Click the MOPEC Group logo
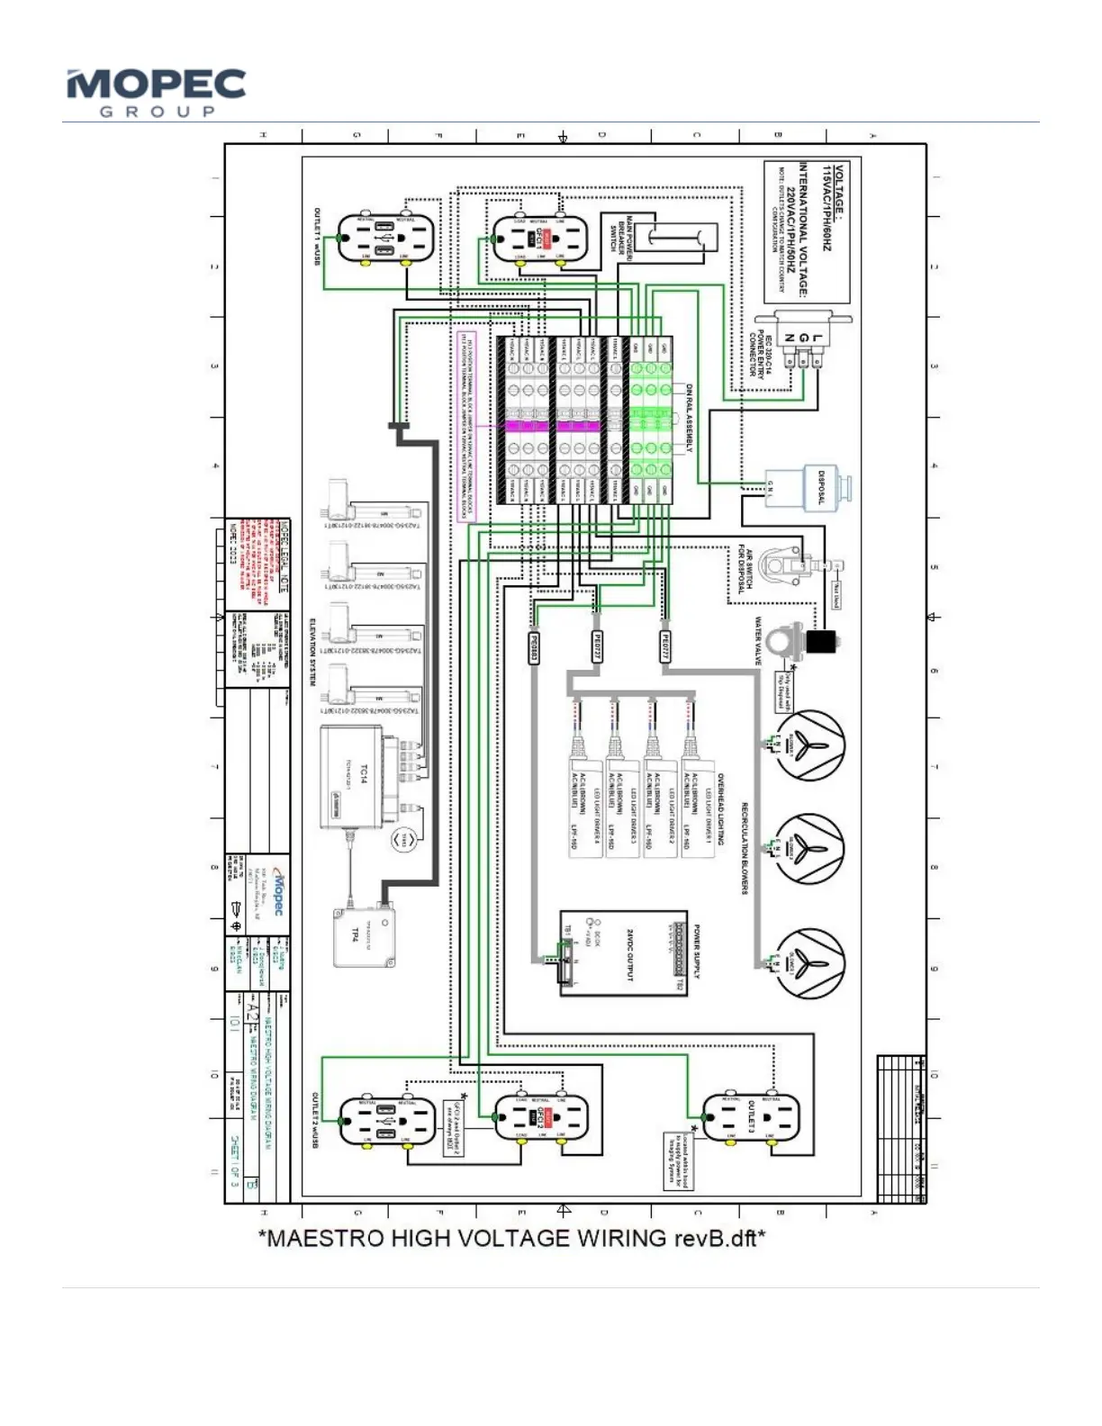(156, 92)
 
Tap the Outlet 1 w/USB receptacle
(386, 239)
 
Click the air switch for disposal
(785, 564)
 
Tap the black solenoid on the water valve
(822, 643)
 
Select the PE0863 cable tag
(533, 647)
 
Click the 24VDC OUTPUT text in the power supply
(630, 954)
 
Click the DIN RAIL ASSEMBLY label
(690, 418)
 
